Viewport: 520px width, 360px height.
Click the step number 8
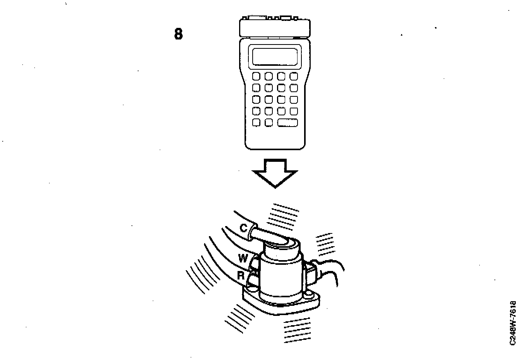178,34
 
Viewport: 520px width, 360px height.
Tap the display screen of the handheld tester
275,56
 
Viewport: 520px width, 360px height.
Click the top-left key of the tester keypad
256,76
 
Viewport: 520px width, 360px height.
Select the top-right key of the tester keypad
294,76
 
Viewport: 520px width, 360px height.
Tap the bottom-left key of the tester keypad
256,122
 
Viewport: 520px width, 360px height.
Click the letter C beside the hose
243,228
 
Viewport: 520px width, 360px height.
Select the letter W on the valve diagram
243,258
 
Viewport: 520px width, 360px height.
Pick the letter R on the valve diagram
241,276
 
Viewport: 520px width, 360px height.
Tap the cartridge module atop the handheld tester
275,27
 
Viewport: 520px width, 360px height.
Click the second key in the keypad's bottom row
269,122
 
